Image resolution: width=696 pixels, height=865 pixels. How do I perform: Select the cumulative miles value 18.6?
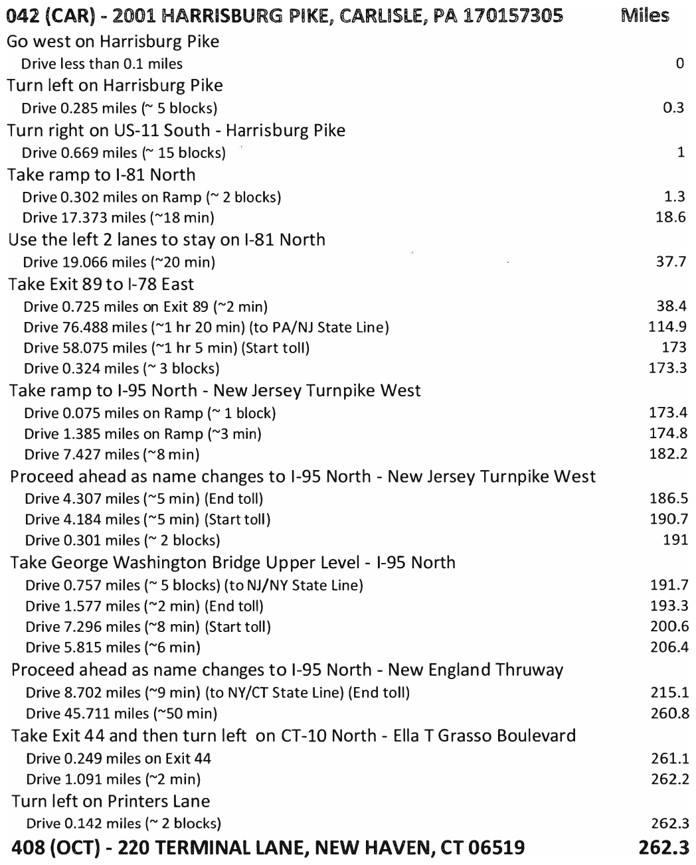(x=670, y=217)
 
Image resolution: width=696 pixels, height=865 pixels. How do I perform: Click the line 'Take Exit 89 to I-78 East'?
(x=101, y=284)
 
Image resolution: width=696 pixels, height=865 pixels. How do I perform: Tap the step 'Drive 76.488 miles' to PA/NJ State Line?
(x=206, y=327)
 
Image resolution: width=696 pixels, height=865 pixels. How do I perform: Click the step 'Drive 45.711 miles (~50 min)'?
(x=122, y=714)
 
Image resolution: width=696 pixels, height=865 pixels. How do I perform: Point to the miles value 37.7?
(x=670, y=262)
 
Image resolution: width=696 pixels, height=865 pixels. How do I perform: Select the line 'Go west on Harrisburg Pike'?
(x=113, y=42)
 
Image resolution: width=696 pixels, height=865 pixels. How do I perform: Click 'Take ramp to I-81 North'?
(x=102, y=175)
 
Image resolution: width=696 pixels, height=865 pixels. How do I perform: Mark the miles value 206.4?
(x=668, y=647)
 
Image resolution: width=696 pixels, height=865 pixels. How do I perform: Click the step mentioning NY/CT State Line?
(x=217, y=693)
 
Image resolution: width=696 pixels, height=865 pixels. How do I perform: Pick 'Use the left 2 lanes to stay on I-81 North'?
(x=167, y=240)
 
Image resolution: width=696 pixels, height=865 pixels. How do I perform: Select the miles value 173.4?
(x=667, y=413)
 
